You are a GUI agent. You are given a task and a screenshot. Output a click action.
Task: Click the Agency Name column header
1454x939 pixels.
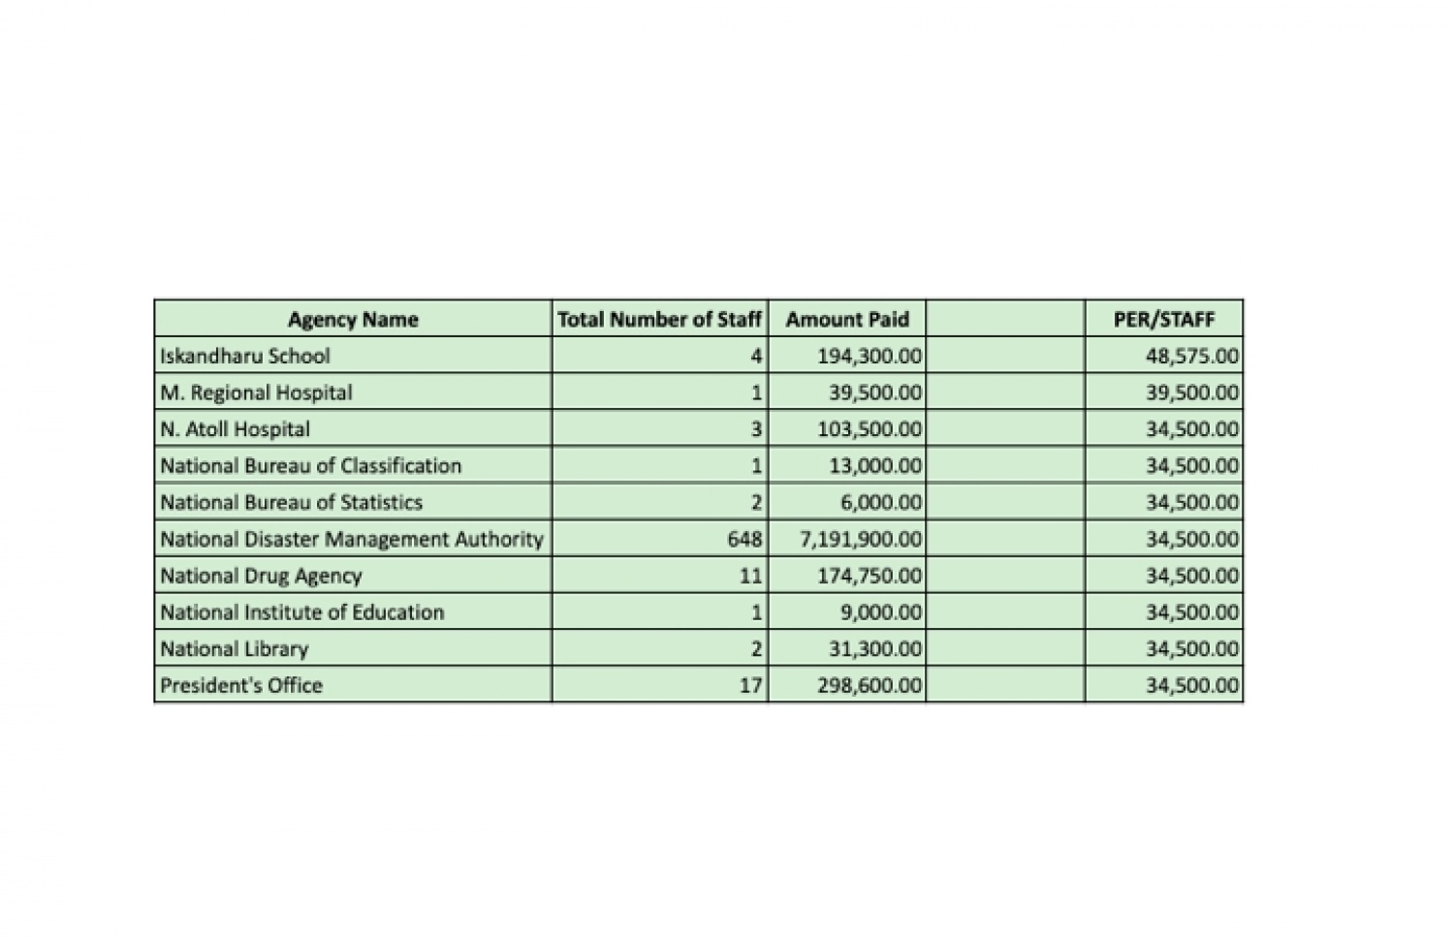(x=353, y=319)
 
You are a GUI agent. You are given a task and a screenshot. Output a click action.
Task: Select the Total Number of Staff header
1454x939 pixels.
(x=659, y=319)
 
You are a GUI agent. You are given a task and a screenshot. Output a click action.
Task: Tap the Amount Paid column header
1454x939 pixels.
(x=847, y=319)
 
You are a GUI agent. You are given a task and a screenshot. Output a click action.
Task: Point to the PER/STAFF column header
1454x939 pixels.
(x=1163, y=319)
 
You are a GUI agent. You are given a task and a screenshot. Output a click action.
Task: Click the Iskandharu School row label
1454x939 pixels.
(x=245, y=356)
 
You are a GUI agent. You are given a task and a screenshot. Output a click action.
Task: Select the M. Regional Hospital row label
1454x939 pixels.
(x=256, y=392)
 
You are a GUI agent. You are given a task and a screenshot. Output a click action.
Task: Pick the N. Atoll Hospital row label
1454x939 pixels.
(x=236, y=429)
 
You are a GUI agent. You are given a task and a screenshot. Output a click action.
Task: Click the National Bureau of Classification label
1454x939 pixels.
(x=310, y=465)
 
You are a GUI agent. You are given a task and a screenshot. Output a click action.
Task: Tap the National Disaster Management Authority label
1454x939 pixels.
(x=352, y=539)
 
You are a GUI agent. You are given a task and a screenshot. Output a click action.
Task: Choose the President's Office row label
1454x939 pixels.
(x=241, y=685)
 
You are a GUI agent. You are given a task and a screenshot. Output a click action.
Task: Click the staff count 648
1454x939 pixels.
(x=744, y=539)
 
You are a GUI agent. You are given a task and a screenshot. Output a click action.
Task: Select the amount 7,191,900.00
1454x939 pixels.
(x=861, y=539)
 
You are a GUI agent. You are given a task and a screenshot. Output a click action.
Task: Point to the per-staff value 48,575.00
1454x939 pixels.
(x=1191, y=356)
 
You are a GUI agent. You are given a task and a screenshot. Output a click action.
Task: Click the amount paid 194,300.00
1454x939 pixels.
(x=869, y=356)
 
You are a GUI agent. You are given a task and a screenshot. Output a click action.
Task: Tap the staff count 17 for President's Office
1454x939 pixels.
(x=750, y=685)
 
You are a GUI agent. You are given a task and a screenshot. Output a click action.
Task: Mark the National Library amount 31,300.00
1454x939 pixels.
(x=874, y=648)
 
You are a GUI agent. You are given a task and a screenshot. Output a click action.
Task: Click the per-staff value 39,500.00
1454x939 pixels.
(x=1191, y=392)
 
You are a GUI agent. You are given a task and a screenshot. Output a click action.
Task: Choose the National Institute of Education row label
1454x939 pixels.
(x=301, y=611)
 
